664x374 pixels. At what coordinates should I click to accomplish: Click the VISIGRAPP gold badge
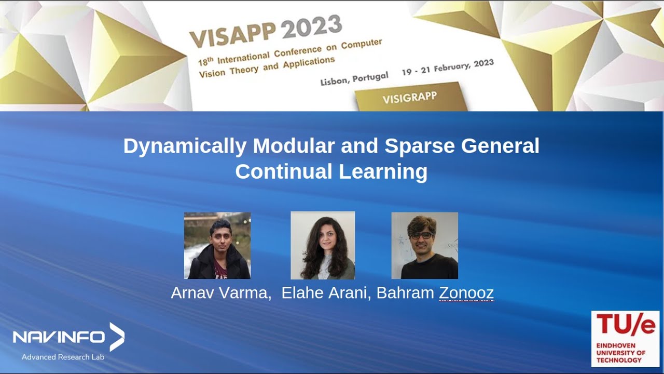point(409,98)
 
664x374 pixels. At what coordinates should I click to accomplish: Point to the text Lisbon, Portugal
point(354,79)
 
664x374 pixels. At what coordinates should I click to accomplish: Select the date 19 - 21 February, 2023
point(447,68)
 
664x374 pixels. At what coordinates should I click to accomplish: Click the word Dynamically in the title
point(185,146)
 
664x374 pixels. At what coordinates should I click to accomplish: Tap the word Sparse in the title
point(420,146)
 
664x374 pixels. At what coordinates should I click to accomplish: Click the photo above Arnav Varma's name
point(217,245)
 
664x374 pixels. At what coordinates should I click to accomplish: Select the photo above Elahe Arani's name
point(323,245)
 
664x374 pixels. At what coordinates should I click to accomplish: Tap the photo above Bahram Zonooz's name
point(424,245)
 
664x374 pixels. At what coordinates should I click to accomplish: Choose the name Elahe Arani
point(325,293)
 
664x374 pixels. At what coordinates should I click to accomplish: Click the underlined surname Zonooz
point(466,293)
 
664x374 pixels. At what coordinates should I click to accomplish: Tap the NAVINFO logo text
point(59,338)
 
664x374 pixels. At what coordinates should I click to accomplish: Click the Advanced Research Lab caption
point(63,357)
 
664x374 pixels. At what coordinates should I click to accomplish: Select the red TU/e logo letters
point(625,325)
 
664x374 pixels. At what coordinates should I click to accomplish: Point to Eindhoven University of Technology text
point(620,353)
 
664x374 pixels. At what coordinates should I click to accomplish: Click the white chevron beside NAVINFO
point(117,337)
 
